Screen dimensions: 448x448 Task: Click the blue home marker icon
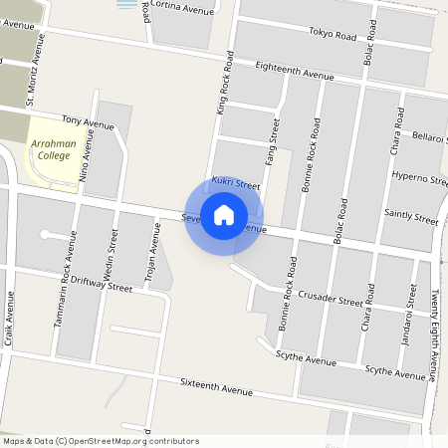point(224,215)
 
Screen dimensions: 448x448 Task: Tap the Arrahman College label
point(54,150)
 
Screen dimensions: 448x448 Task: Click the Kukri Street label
point(235,185)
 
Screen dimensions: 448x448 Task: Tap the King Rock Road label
point(224,87)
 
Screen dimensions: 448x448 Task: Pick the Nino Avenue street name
point(89,155)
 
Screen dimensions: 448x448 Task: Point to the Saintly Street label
point(411,216)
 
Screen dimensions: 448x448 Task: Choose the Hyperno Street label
point(419,178)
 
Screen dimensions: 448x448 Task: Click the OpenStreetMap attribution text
point(101,441)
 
